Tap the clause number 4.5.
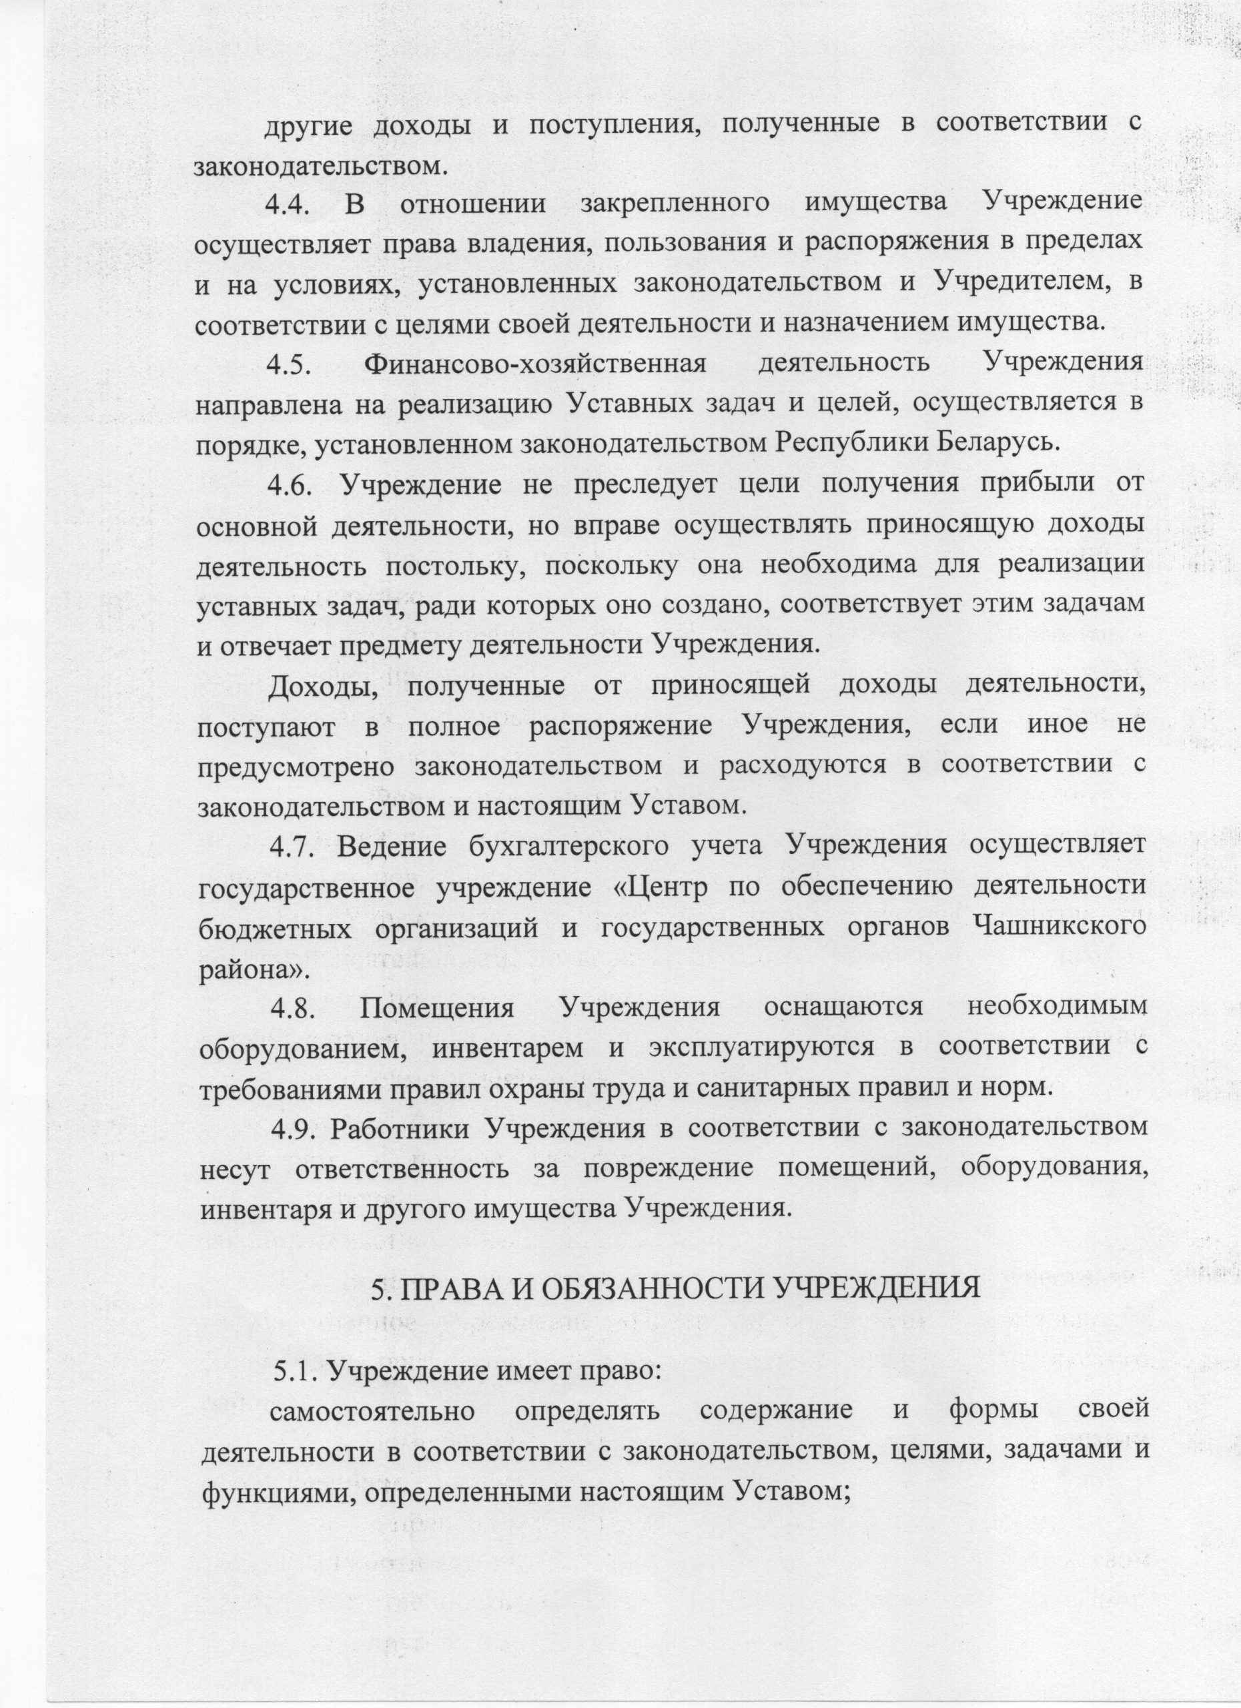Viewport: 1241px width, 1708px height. (291, 364)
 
